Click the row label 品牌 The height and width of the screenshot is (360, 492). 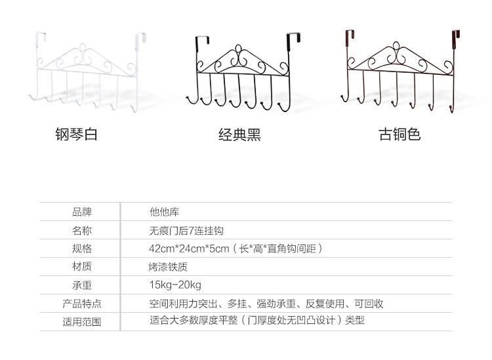pos(82,212)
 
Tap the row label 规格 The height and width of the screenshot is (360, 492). pos(82,249)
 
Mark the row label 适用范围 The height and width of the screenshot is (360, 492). pos(82,321)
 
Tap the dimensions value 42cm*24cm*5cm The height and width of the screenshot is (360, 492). pos(189,249)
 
